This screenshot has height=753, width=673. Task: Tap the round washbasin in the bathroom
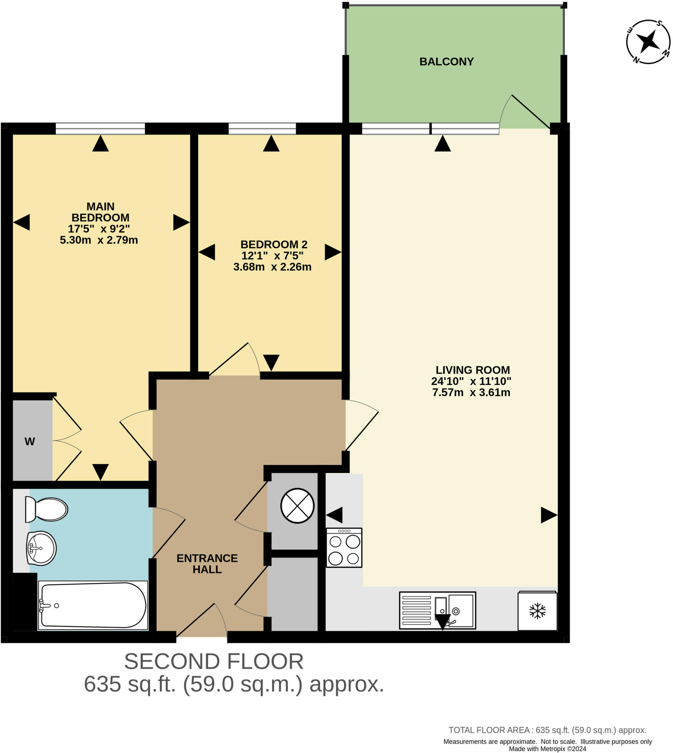(x=42, y=549)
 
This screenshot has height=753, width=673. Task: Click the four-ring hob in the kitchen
(x=344, y=548)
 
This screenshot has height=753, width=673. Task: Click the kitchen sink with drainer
(x=437, y=611)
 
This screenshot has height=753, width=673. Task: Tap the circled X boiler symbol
(x=297, y=506)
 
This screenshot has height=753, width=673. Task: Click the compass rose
(x=648, y=42)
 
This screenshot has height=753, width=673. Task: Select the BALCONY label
(x=446, y=62)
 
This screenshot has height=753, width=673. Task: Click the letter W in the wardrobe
(x=29, y=442)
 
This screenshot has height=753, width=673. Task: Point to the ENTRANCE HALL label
(x=207, y=564)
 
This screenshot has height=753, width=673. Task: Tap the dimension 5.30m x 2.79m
(x=99, y=240)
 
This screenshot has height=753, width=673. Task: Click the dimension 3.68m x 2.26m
(x=272, y=267)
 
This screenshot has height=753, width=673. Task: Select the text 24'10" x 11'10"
(x=471, y=381)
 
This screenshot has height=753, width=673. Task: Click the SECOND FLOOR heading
(x=214, y=661)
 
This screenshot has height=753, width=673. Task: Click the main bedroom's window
(x=100, y=129)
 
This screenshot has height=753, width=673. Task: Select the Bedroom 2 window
(x=262, y=129)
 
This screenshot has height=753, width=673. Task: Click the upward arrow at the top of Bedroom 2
(x=271, y=143)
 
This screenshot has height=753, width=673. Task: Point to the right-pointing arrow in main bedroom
(x=181, y=222)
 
